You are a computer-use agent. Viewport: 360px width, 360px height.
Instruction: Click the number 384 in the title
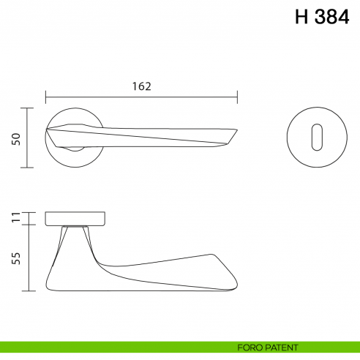(x=331, y=18)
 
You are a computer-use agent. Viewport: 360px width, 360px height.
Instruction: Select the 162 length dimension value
(x=142, y=86)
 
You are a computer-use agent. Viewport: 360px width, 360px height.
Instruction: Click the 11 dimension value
(x=15, y=217)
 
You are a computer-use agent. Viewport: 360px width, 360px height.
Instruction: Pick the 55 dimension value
(x=15, y=258)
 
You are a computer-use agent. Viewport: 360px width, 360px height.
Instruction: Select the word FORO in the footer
(x=250, y=347)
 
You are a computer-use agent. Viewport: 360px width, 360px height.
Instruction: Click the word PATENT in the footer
(x=280, y=347)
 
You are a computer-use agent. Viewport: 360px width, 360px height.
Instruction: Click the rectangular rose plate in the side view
(x=76, y=218)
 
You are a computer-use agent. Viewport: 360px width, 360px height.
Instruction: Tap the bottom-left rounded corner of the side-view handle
(x=50, y=284)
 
